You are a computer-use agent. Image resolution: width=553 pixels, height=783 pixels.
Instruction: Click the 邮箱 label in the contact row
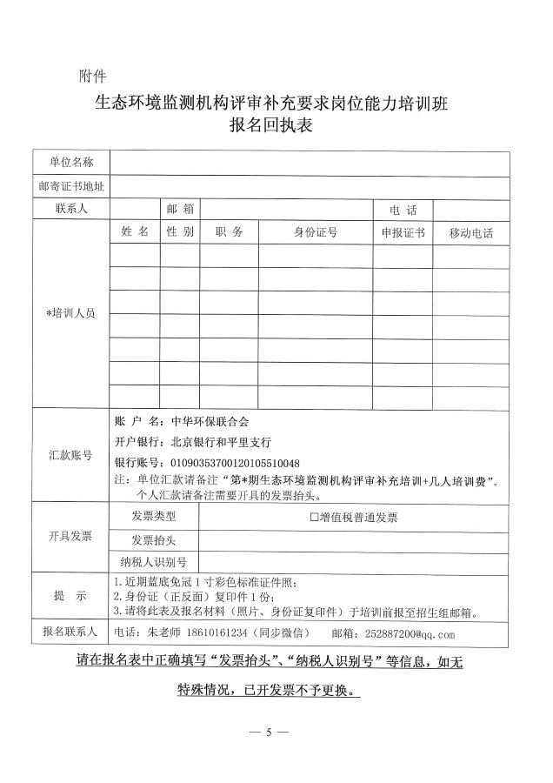(x=180, y=210)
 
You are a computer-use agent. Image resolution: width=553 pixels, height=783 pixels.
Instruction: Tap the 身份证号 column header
(x=316, y=232)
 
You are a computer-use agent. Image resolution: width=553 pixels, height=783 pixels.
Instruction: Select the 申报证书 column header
(x=403, y=233)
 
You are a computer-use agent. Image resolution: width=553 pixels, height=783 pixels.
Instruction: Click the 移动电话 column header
(x=471, y=233)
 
